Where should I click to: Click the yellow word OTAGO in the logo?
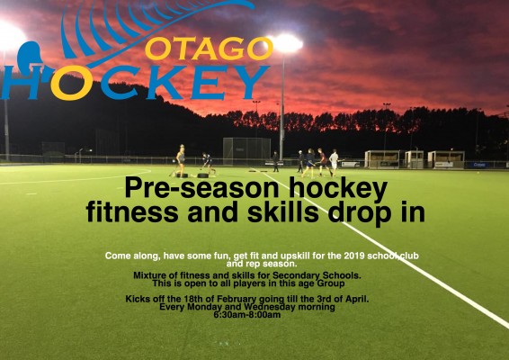pyautogui.click(x=209, y=49)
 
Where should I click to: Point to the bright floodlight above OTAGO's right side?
pyautogui.click(x=286, y=43)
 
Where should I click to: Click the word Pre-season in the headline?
pyautogui.click(x=201, y=188)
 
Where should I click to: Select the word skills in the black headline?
pyautogui.click(x=282, y=212)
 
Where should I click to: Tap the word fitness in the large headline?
pyautogui.click(x=132, y=212)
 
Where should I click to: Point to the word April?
pyautogui.click(x=357, y=299)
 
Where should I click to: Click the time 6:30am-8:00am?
pyautogui.click(x=247, y=315)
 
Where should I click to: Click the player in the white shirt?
pyautogui.click(x=334, y=163)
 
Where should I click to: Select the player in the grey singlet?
pyautogui.click(x=181, y=160)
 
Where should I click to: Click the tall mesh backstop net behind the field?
pyautogui.click(x=246, y=151)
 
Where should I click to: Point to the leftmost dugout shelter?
pyautogui.click(x=383, y=159)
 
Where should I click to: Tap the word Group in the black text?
pyautogui.click(x=331, y=283)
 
